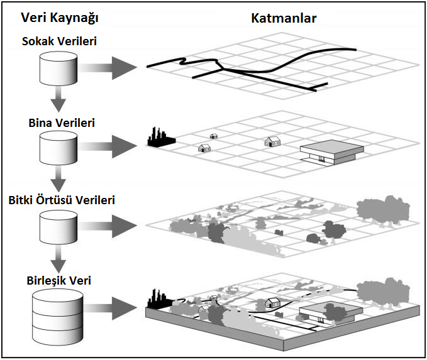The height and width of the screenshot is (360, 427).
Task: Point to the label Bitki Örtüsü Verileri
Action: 61,201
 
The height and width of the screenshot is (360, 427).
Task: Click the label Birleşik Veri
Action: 59,281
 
